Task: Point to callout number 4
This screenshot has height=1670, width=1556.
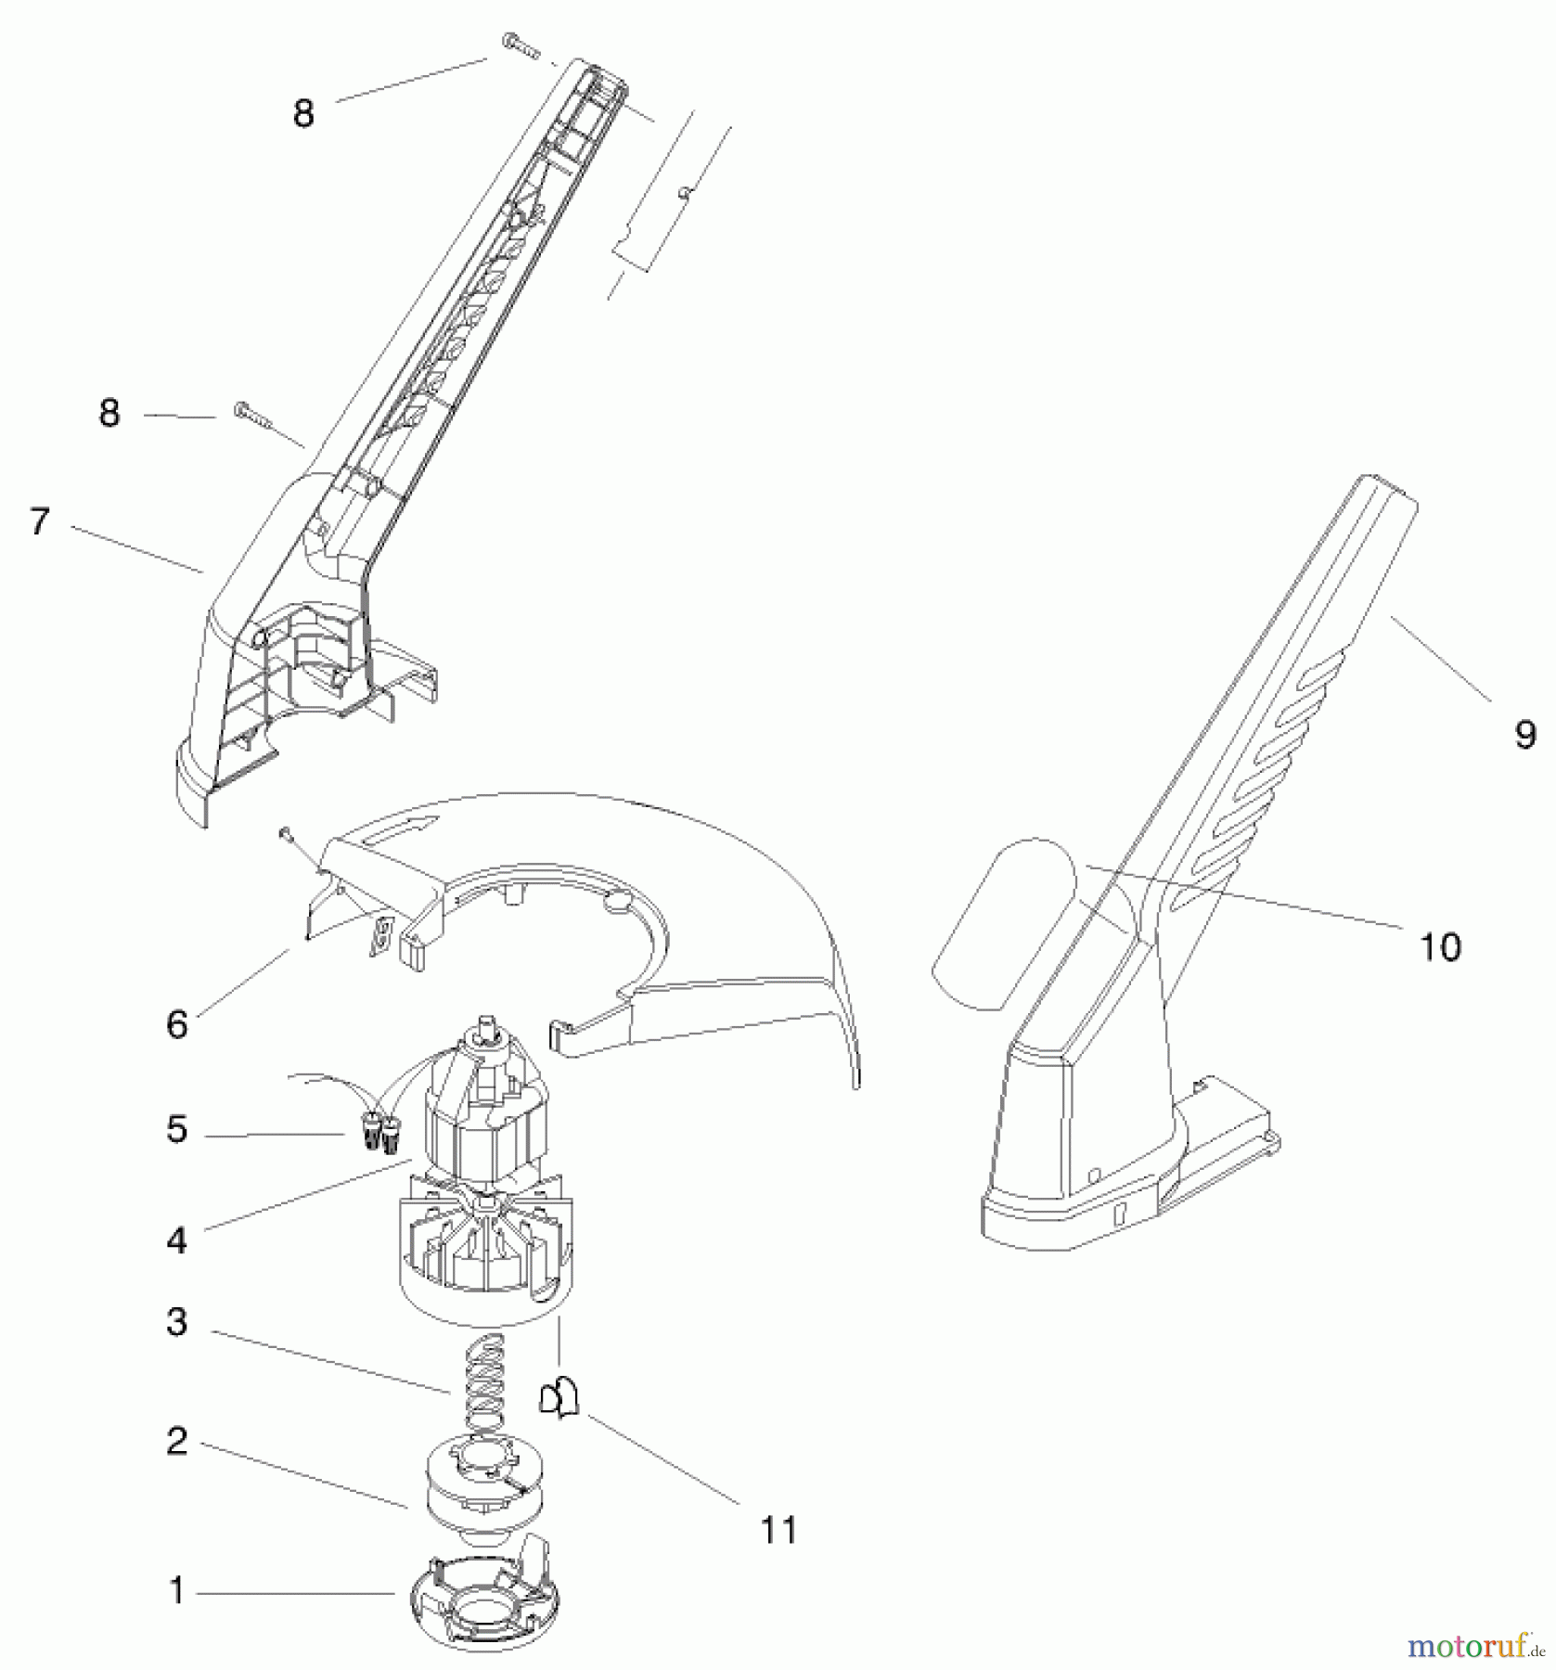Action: (x=177, y=1240)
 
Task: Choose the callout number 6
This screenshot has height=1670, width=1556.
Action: (x=177, y=1025)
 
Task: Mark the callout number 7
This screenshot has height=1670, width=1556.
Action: (x=39, y=522)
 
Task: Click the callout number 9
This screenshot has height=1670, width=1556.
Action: (x=1525, y=735)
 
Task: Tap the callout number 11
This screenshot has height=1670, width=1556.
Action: (x=778, y=1531)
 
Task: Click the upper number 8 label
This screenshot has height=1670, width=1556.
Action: (x=303, y=115)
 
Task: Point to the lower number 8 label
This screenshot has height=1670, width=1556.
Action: (x=109, y=413)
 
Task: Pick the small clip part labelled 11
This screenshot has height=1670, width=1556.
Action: (x=558, y=1397)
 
